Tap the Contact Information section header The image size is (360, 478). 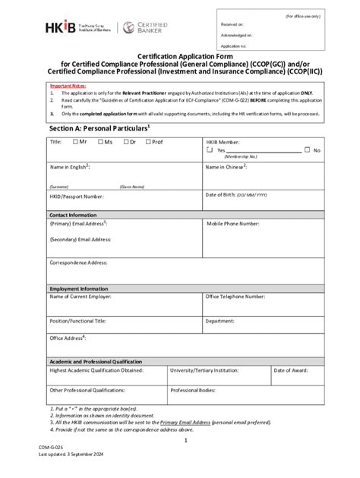coord(73,215)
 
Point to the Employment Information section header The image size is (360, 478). coord(79,289)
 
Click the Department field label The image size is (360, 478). coord(220,321)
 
